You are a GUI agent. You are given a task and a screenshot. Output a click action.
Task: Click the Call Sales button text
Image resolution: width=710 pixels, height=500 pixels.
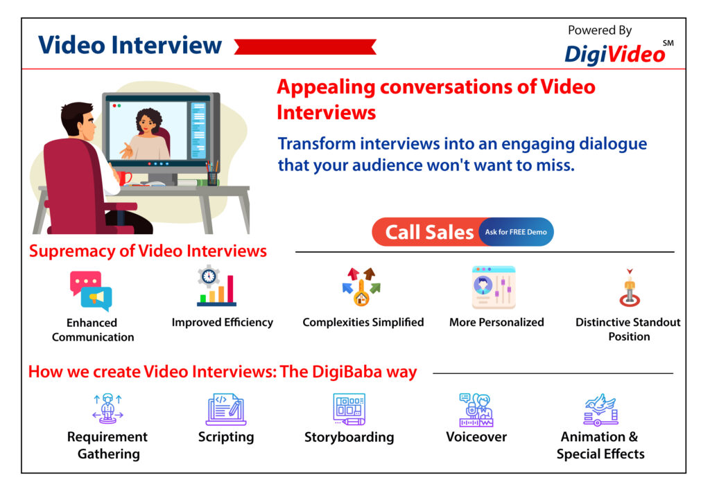pos(428,233)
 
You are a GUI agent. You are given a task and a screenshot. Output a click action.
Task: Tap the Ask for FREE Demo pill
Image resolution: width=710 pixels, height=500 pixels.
pos(516,232)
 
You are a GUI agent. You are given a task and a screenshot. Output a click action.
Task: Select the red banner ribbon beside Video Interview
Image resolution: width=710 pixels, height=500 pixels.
pos(305,47)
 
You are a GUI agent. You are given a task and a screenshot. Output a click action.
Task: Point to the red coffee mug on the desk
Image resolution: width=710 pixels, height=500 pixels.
pos(124,177)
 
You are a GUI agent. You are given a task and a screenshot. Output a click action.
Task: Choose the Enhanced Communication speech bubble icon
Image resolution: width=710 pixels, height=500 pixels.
pos(91,291)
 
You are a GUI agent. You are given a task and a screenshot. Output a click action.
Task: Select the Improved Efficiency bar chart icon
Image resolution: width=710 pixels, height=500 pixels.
pos(216,286)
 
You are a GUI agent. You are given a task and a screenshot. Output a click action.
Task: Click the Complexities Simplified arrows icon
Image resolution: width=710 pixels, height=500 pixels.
pos(361,287)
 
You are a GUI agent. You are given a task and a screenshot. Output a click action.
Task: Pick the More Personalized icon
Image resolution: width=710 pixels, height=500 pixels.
pos(494,287)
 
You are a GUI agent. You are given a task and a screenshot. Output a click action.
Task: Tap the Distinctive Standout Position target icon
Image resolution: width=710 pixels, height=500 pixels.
pos(630,288)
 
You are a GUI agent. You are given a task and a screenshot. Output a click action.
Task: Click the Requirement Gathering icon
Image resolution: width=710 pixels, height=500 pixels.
pos(107,409)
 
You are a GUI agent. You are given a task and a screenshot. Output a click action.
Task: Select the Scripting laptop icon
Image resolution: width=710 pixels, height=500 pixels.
pos(226,409)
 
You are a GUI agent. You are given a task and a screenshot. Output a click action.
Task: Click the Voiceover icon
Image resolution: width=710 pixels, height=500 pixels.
pos(476,409)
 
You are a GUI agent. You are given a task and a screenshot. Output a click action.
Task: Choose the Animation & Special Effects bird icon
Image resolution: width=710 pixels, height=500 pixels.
pos(600,409)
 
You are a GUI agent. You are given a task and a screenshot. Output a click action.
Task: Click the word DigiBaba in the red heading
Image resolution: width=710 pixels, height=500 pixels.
pos(347,372)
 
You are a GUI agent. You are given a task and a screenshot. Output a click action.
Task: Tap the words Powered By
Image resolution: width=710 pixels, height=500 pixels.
pos(600,30)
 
